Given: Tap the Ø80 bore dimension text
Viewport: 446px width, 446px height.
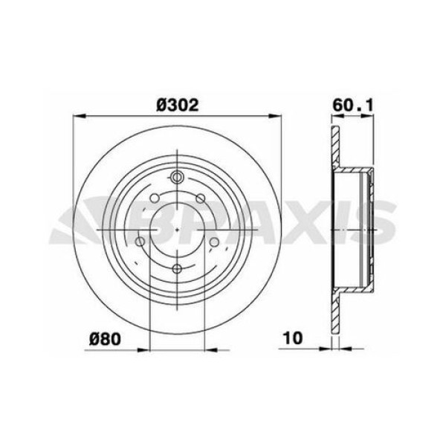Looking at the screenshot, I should point(105,337).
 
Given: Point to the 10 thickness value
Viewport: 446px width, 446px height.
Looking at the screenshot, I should point(292,337).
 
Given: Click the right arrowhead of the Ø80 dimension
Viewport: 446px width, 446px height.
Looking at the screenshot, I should point(209,346).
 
